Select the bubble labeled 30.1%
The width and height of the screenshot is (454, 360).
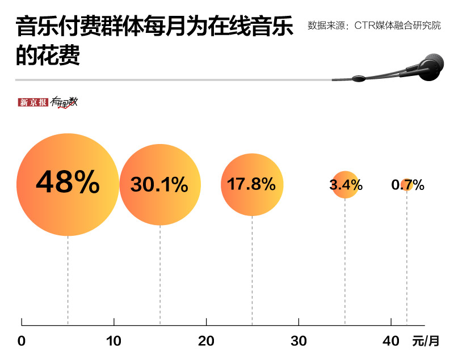coord(160,184)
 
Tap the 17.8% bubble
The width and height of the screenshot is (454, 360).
coord(251,184)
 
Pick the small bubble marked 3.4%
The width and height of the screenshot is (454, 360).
coord(345,184)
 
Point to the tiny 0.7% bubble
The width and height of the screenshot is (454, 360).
coord(406,184)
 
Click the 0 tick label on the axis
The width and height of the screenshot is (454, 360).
coord(22,341)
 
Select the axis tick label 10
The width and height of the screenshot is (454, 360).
coord(114,341)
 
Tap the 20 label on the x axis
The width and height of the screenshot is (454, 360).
coord(207,341)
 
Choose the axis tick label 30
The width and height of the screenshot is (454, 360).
coord(299,341)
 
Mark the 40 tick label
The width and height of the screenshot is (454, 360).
coord(391,341)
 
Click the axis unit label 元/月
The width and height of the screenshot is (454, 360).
coord(426,341)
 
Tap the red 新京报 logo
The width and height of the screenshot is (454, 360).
coord(33,103)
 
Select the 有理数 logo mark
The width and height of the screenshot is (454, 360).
coord(64,103)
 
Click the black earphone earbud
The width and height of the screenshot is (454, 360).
coord(431,65)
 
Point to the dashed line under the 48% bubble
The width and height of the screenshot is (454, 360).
coord(68,278)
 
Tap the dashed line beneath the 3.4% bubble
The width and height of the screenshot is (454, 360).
coord(345,261)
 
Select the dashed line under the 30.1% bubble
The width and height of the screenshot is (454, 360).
coord(160,275)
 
